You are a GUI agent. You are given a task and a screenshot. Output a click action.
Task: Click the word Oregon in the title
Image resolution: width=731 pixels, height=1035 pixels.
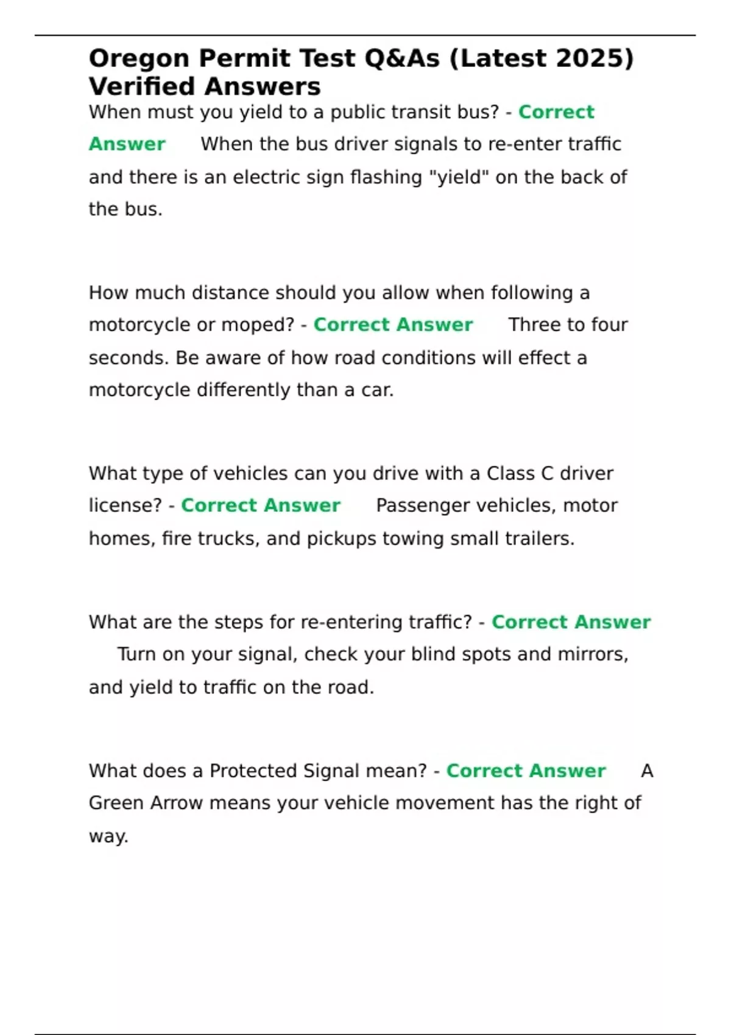[x=139, y=59]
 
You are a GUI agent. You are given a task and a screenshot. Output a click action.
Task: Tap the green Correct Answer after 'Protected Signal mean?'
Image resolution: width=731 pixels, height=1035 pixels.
[x=526, y=771]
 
